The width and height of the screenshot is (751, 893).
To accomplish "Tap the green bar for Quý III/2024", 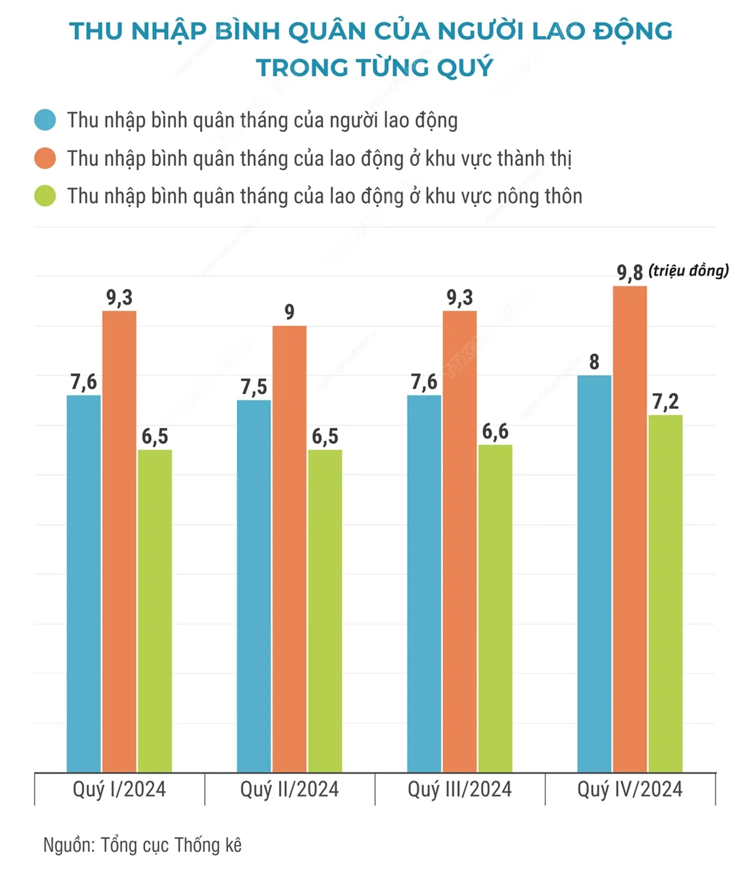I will click(495, 608).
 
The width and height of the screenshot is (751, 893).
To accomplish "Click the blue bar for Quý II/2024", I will click(254, 586).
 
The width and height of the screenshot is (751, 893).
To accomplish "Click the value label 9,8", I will click(629, 273).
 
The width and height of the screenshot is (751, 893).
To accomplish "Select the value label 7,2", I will click(665, 402).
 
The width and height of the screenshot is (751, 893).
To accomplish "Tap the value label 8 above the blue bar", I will click(594, 362).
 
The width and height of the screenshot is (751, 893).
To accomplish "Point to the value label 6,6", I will click(495, 432).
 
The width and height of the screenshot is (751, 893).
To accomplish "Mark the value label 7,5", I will click(254, 387).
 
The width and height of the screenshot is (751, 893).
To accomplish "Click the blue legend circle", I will click(45, 120).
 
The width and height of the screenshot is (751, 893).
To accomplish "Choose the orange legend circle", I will click(45, 158).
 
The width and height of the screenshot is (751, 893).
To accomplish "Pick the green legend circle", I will click(45, 196).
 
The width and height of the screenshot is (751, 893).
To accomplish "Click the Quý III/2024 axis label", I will click(460, 790).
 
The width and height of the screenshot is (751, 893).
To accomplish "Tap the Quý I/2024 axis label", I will click(119, 790).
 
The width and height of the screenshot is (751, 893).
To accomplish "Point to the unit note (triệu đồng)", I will click(688, 271).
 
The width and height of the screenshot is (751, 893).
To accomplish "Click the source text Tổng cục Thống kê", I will click(171, 845).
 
